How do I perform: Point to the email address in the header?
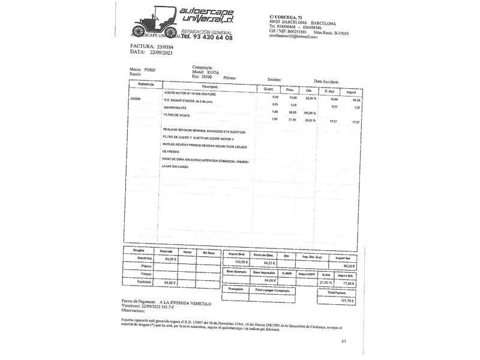[293, 36]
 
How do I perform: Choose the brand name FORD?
[149, 70]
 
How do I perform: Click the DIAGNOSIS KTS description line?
[176, 107]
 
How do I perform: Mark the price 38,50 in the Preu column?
[293, 113]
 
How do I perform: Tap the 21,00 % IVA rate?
[326, 283]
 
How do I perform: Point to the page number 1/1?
[344, 341]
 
